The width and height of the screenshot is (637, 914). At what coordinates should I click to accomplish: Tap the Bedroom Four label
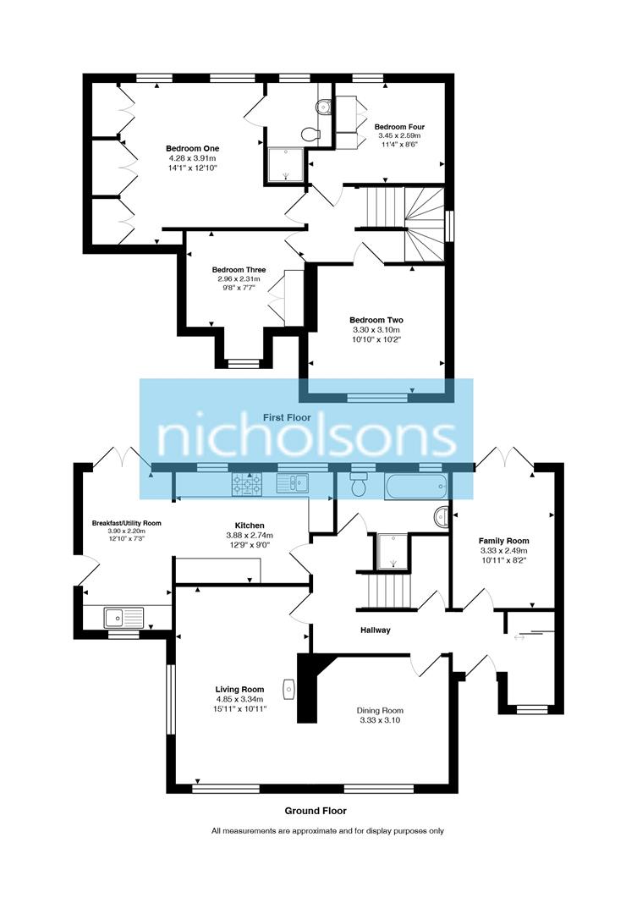(398, 127)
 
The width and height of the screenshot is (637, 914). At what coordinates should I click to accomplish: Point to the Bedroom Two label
(376, 320)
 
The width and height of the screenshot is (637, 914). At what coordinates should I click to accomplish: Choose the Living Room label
(239, 689)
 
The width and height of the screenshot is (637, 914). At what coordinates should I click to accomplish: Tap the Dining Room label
(379, 710)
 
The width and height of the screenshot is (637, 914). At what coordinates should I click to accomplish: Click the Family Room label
(503, 541)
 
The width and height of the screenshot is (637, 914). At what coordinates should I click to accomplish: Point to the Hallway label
(375, 630)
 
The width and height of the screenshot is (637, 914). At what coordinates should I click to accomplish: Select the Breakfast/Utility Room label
(126, 523)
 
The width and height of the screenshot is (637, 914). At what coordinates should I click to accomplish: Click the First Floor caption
(287, 417)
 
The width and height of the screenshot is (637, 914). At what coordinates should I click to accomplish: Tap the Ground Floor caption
(317, 811)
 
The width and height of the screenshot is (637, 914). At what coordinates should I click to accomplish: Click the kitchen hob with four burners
(247, 484)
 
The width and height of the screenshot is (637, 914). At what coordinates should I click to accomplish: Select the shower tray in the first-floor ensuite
(285, 165)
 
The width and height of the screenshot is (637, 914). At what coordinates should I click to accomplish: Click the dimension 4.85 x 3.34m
(239, 699)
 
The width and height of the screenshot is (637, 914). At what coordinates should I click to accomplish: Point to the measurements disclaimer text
(327, 831)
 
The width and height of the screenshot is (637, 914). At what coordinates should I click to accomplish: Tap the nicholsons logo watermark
(307, 438)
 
